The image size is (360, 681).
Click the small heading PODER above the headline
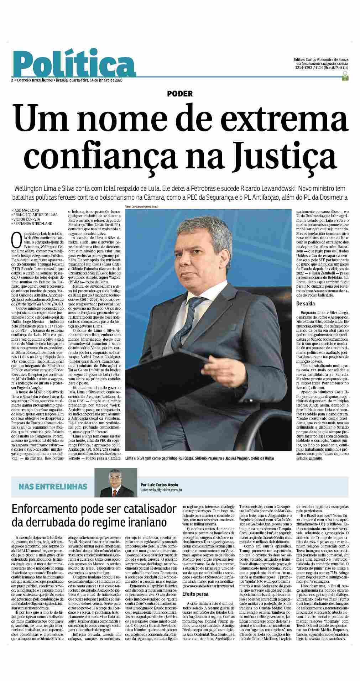180,94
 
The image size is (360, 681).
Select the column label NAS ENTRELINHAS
53,487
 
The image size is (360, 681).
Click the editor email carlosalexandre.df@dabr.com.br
324,63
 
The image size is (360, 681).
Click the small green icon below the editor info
344,75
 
